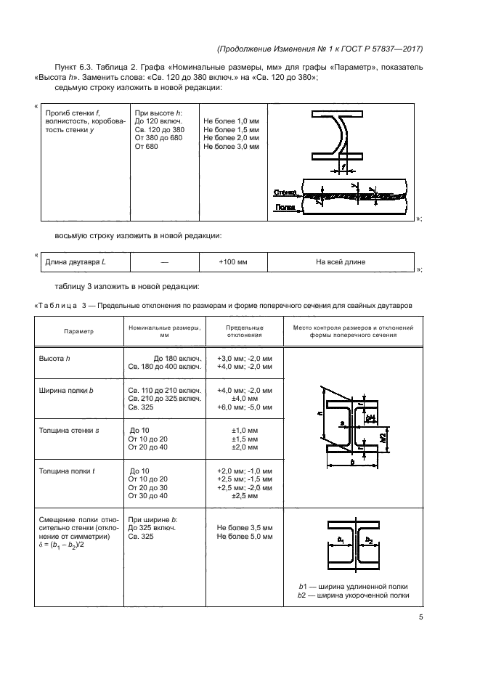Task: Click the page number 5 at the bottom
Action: click(420, 617)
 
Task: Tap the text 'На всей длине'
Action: click(341, 261)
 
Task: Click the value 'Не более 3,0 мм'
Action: click(232, 146)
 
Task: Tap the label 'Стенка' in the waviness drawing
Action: click(284, 193)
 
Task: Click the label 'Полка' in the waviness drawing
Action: click(283, 207)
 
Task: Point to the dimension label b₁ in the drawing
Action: click(341, 540)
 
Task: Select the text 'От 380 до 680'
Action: click(158, 137)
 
